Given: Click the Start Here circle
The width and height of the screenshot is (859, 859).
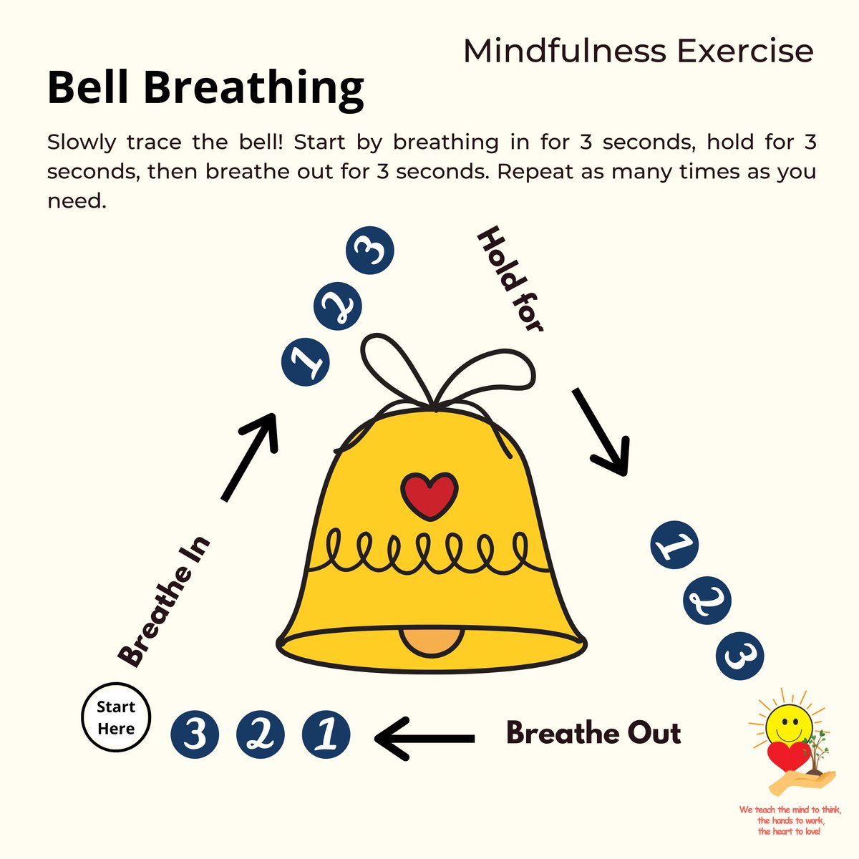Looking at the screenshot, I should coord(116,718).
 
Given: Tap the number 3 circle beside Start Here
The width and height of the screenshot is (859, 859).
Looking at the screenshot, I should coord(195,734).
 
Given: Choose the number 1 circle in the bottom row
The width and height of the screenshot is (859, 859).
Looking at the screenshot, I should coord(326,734).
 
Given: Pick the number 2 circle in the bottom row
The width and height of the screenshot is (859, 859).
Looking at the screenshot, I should coord(260,734).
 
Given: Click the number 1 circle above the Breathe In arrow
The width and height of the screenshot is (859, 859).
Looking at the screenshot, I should coord(305,361).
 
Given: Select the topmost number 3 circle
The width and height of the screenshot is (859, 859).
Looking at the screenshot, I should coord(370,251).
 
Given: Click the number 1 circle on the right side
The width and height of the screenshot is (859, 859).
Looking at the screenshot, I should coord(674,546).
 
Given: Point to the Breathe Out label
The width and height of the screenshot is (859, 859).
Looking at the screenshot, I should coord(593,733).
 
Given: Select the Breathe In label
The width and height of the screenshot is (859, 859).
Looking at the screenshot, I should coord(165,601).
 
